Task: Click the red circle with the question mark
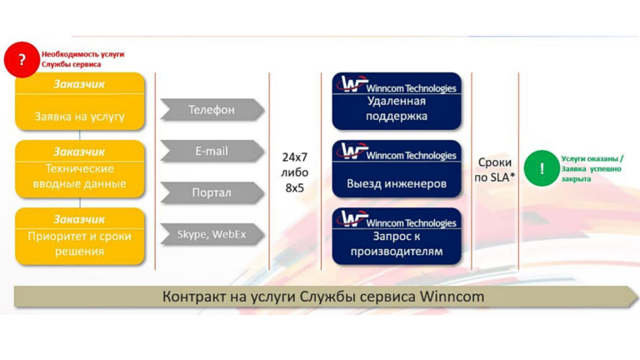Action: (x=22, y=60)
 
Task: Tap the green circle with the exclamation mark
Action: (x=542, y=168)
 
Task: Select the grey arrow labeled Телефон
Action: (x=212, y=110)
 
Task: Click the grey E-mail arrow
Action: (x=212, y=152)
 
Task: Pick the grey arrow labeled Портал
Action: (x=212, y=192)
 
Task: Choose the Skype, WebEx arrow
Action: (x=212, y=234)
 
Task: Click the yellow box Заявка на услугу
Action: (x=80, y=101)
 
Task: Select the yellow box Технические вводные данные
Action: (x=80, y=169)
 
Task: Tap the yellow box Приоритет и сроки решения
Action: (x=80, y=237)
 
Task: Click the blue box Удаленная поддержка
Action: (x=397, y=101)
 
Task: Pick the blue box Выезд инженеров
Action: (x=397, y=169)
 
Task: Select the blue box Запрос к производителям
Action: (x=397, y=237)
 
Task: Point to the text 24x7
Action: (x=295, y=157)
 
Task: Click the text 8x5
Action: (x=295, y=188)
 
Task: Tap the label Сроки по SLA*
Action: (x=495, y=170)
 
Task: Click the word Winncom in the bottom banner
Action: (x=452, y=297)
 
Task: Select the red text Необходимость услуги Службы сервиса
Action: (x=82, y=59)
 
